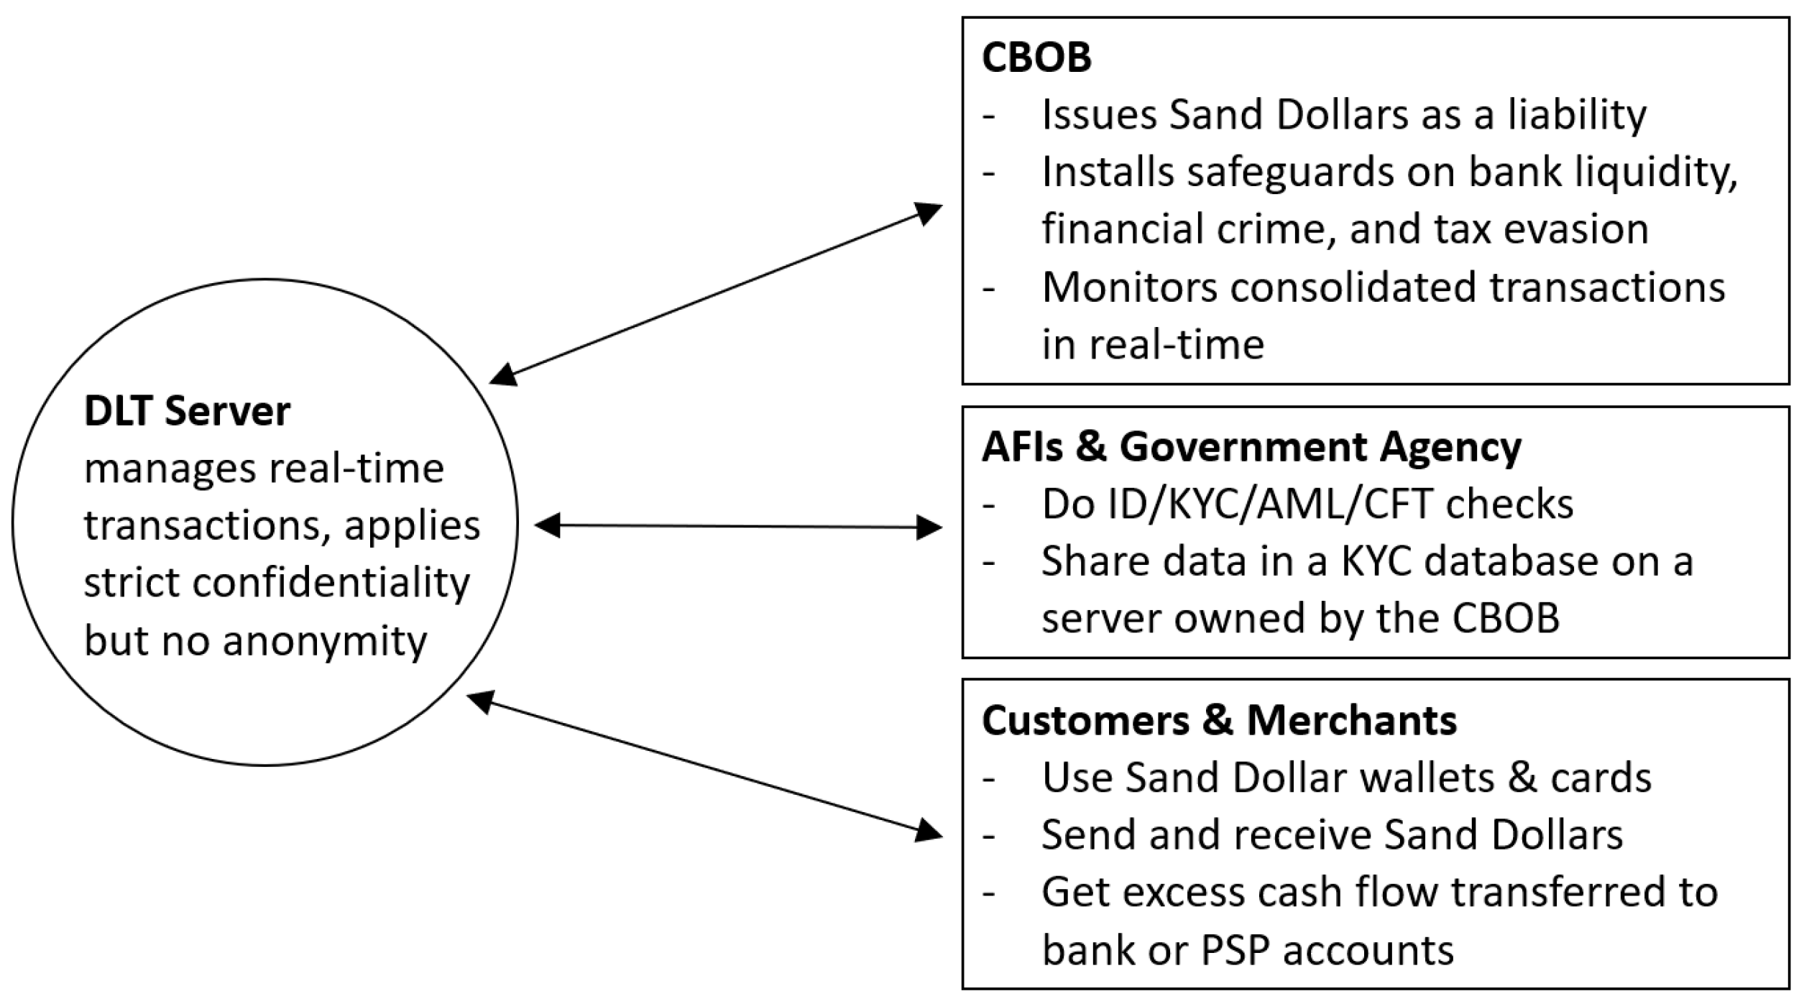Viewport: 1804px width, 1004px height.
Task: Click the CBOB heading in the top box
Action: (x=1036, y=57)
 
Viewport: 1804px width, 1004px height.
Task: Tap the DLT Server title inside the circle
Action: (x=187, y=412)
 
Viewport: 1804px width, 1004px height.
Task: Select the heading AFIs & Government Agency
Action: (x=1251, y=446)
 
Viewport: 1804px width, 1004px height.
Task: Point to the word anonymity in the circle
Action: (x=325, y=640)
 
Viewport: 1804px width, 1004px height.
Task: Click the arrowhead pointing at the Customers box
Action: (x=929, y=832)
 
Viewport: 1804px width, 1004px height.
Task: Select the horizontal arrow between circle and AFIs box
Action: (x=737, y=527)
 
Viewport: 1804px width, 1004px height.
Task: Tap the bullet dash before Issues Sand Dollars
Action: (x=989, y=115)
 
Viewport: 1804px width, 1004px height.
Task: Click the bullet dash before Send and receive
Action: (x=989, y=834)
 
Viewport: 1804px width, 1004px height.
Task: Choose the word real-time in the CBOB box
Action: (x=1176, y=345)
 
